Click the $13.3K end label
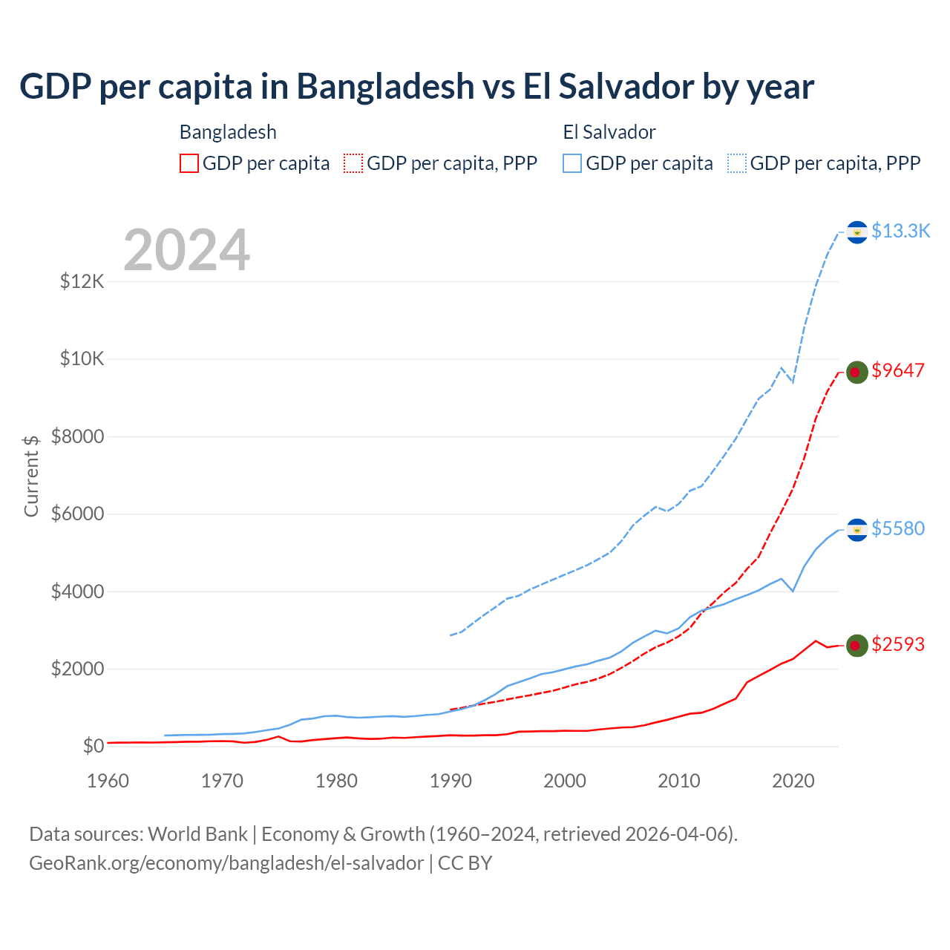(900, 232)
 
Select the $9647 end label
(898, 370)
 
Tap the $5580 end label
(898, 528)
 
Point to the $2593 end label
(898, 644)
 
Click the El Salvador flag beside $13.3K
(857, 232)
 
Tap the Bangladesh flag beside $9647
(857, 372)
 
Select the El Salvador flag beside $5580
(857, 530)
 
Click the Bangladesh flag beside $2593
(857, 646)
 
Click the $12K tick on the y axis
(82, 282)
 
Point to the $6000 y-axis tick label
(77, 514)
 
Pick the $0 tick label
(93, 747)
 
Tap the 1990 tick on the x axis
(451, 781)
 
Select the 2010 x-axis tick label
(679, 781)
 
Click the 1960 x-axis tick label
(108, 781)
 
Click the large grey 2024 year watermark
(187, 250)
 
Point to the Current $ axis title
(31, 476)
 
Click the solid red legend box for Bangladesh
(189, 163)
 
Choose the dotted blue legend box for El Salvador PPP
(737, 163)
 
